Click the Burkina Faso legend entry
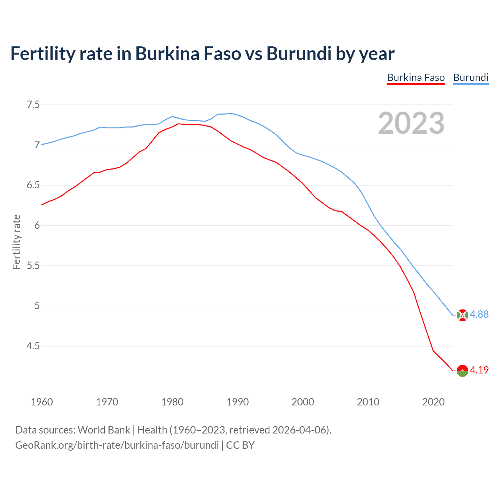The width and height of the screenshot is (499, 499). (416, 78)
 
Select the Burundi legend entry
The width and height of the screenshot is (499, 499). (471, 78)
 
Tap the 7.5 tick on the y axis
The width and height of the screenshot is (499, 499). (33, 105)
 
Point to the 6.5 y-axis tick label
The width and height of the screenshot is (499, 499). (33, 185)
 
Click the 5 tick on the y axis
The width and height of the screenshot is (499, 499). (37, 306)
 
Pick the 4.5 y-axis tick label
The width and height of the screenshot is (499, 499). (33, 346)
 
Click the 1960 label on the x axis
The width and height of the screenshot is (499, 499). (42, 402)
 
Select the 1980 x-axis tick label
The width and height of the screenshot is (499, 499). (172, 402)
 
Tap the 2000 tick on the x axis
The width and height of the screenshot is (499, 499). (303, 402)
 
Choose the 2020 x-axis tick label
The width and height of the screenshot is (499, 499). (433, 402)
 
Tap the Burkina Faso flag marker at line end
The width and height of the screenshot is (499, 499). (462, 370)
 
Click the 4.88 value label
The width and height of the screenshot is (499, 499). (479, 315)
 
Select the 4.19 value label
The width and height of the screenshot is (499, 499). (479, 370)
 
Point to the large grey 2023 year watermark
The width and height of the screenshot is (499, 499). (411, 124)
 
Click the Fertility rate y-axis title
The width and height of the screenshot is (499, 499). (16, 242)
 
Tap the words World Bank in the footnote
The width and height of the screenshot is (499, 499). (104, 430)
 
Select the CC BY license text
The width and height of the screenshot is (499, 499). (240, 445)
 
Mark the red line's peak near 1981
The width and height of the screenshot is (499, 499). (179, 124)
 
